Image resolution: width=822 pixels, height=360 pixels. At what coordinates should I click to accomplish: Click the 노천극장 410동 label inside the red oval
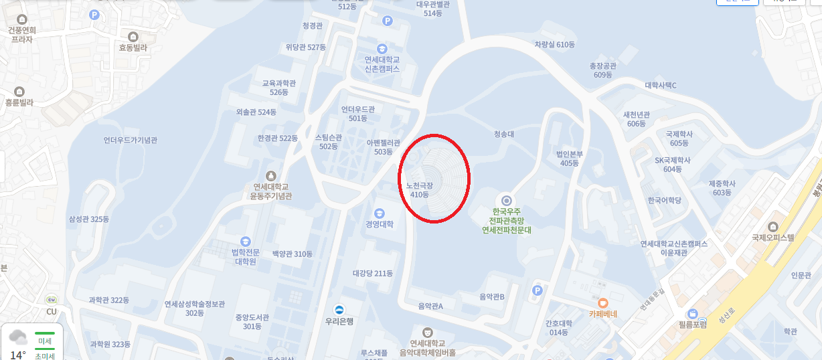(420, 189)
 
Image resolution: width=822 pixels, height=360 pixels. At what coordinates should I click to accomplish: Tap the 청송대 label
(503, 134)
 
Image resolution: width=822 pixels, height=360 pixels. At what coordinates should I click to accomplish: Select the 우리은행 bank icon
(339, 309)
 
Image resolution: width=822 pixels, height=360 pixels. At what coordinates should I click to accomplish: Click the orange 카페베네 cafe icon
(603, 302)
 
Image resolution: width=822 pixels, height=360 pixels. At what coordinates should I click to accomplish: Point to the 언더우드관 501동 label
(358, 114)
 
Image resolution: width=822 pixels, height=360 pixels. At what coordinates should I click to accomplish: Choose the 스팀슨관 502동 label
(328, 142)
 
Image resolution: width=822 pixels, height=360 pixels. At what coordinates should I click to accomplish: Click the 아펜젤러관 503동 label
(383, 147)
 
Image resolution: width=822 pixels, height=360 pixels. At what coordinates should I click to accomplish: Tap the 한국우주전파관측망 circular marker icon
(507, 200)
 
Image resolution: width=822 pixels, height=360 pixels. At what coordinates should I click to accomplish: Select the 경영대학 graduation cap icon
(380, 213)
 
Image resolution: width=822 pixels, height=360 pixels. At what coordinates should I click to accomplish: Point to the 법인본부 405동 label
(570, 158)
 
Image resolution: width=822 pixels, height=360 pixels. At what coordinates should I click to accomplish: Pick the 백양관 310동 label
(292, 254)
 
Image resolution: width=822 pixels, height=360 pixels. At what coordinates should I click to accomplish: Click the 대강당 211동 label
(372, 273)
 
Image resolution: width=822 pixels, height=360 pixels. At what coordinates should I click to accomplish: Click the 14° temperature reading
(18, 355)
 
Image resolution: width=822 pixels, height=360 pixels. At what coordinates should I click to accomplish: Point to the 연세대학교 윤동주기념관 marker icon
(270, 175)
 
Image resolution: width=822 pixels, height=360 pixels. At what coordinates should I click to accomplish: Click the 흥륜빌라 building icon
(19, 92)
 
